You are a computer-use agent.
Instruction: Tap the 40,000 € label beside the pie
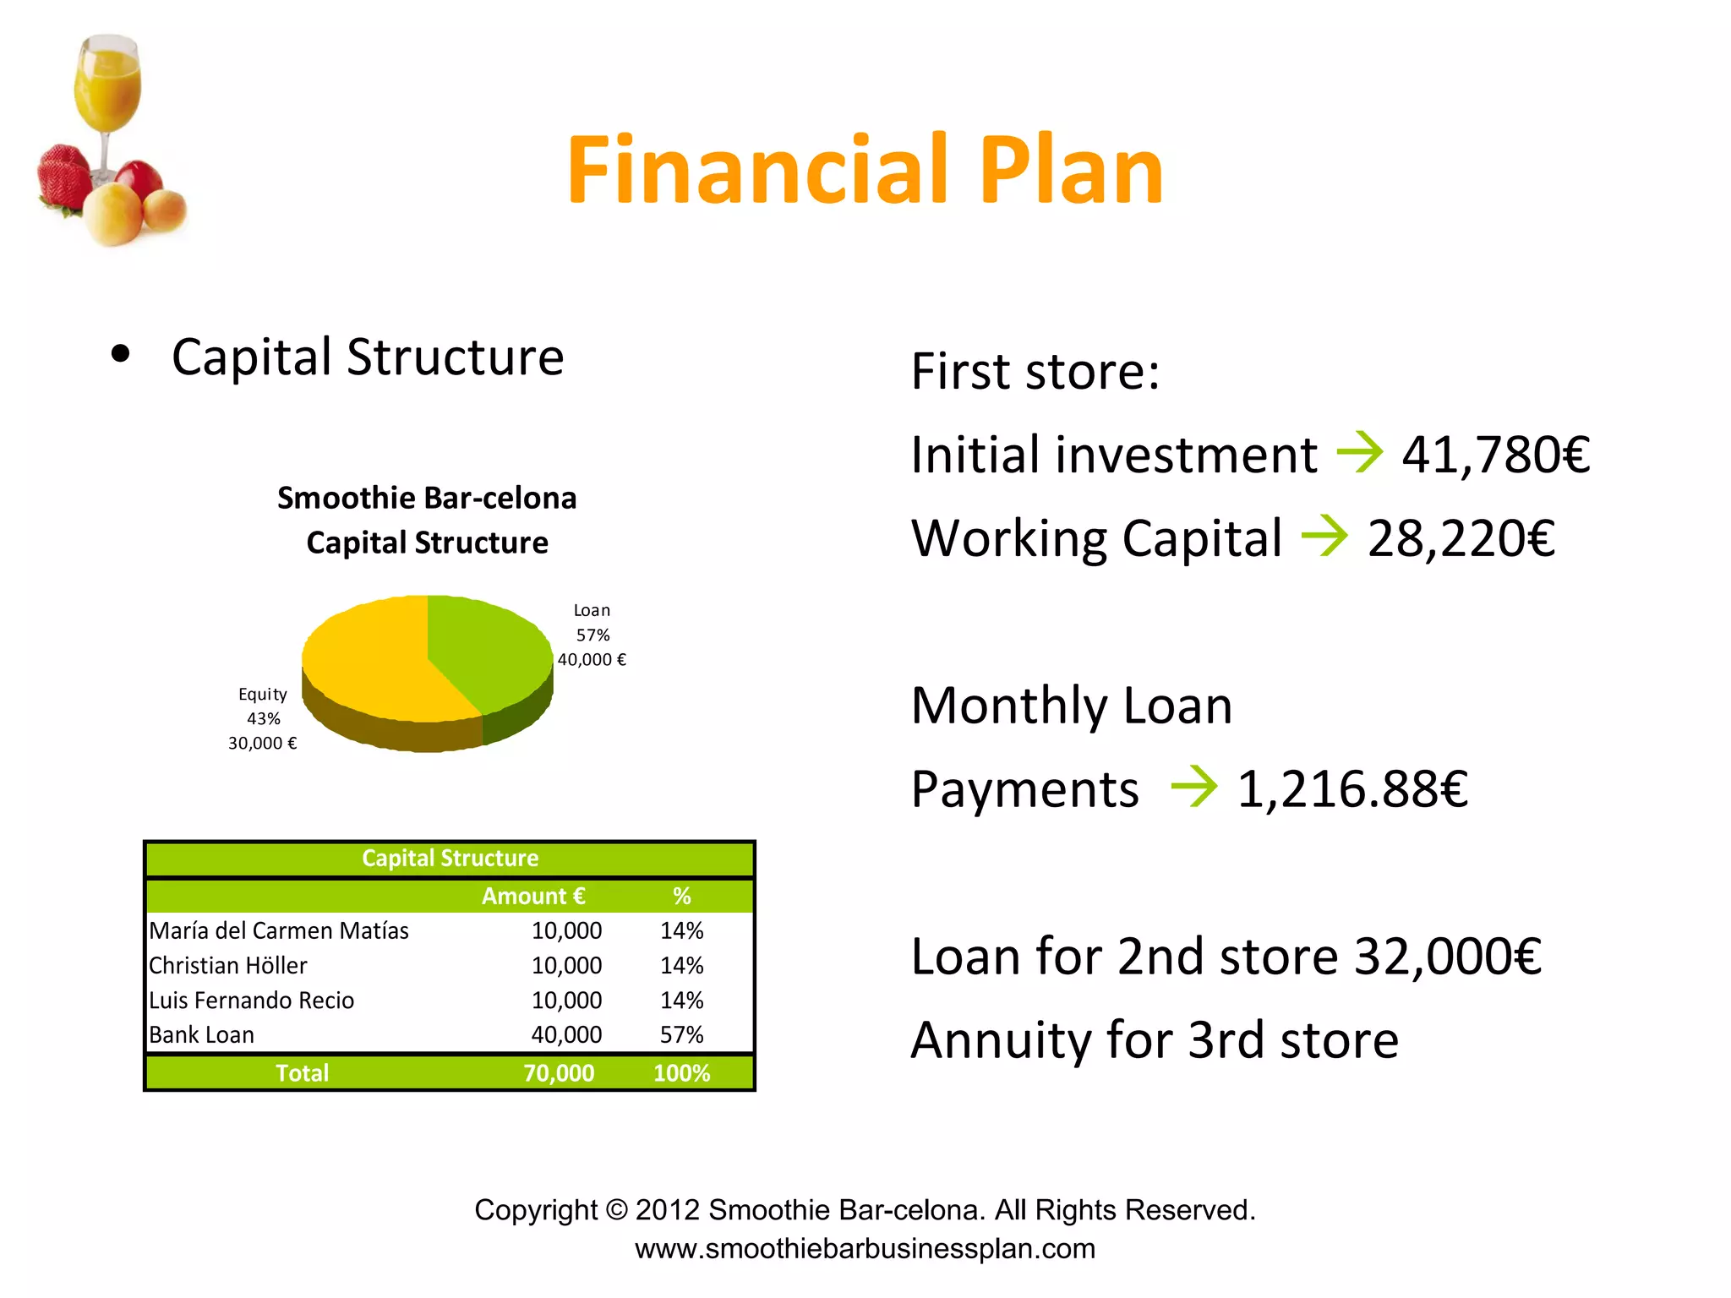click(592, 660)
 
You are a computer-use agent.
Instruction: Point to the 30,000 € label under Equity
click(262, 744)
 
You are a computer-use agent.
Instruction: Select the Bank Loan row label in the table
click(201, 1035)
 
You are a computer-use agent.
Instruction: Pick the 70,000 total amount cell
click(559, 1073)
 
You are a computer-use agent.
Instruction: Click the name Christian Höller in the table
click(228, 966)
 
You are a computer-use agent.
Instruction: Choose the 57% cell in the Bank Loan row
click(681, 1035)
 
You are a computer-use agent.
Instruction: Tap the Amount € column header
click(533, 897)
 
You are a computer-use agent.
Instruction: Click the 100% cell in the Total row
click(681, 1073)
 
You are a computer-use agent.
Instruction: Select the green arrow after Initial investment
click(1359, 453)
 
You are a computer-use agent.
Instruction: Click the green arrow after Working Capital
click(1324, 537)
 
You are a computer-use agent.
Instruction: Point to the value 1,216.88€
click(1352, 789)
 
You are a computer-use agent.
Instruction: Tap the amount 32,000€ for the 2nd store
click(1448, 957)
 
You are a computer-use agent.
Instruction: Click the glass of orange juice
click(106, 85)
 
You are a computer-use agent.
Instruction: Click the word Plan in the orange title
click(1071, 171)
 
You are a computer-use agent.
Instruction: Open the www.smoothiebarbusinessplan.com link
click(865, 1249)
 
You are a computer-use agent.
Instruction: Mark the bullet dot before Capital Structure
click(121, 355)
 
